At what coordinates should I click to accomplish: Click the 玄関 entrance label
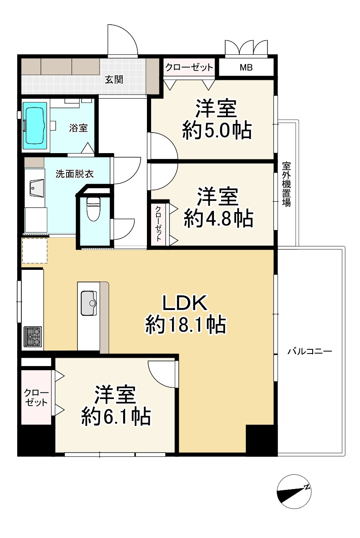click(x=114, y=79)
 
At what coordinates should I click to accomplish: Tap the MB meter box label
click(x=246, y=67)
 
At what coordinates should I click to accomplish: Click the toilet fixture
click(x=93, y=208)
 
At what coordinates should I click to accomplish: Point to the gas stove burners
click(x=33, y=336)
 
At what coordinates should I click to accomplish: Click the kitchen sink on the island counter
click(x=89, y=303)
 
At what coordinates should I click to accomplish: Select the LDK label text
click(x=185, y=303)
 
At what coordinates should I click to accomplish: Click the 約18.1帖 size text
click(x=186, y=325)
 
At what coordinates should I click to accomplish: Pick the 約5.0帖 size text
click(x=217, y=131)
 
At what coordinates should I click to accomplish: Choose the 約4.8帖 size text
click(x=218, y=219)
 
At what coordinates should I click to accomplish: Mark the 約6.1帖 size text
click(x=116, y=417)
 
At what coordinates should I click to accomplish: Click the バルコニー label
click(x=310, y=352)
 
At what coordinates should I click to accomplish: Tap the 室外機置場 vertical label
click(x=286, y=184)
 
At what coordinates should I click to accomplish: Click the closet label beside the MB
click(x=189, y=67)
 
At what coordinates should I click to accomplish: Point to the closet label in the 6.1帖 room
click(x=36, y=398)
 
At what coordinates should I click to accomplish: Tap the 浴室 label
click(x=78, y=128)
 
